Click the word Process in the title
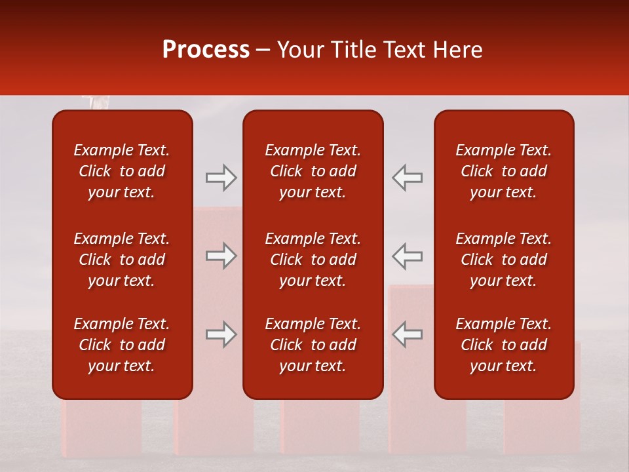206,50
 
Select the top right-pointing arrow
221,178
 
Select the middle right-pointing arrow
221,256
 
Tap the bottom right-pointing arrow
221,334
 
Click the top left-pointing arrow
407,178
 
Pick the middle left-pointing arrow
407,256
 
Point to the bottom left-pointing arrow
407,334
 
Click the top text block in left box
122,171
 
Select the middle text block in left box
122,260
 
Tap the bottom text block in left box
122,345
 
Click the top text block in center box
313,171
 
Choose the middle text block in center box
313,260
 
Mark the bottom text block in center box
313,345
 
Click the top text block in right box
504,171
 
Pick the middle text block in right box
504,260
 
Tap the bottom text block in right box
504,345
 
